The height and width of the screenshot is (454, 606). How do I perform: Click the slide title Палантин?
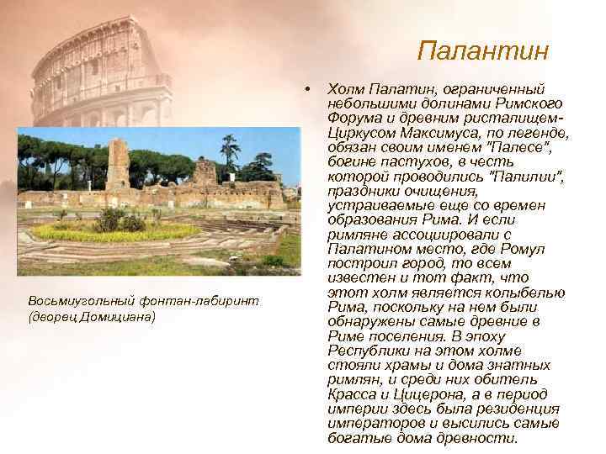(482, 50)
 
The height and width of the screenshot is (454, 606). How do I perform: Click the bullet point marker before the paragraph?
(311, 88)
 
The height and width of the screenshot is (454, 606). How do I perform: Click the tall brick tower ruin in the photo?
(118, 165)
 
